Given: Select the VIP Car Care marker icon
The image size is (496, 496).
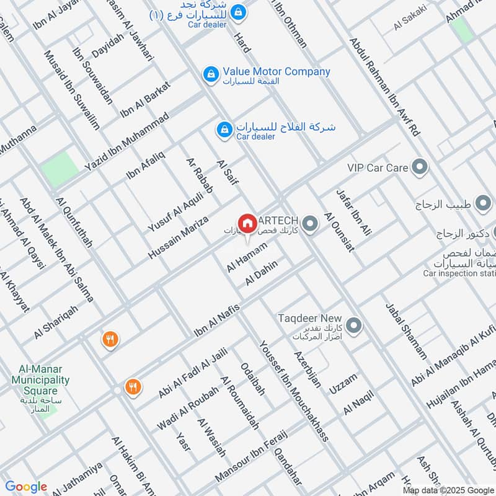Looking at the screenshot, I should coord(420,167).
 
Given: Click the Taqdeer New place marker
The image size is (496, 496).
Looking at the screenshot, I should coord(353,325).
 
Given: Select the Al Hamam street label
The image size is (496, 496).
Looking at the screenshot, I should coord(247,257).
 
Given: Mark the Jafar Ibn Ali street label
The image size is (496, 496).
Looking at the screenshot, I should coord(353,213).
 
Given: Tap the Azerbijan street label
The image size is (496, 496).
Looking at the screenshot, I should coord(308,368).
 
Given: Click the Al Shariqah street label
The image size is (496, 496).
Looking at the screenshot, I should coord(56,321).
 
